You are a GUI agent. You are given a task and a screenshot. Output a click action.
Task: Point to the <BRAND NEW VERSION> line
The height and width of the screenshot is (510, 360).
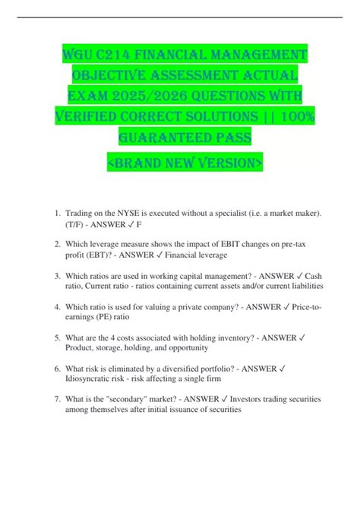coord(179,163)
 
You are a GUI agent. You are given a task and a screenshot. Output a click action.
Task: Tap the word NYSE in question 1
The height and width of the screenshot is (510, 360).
coord(125,215)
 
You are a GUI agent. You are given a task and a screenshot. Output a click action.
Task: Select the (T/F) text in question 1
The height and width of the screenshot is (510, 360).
coord(77,226)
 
